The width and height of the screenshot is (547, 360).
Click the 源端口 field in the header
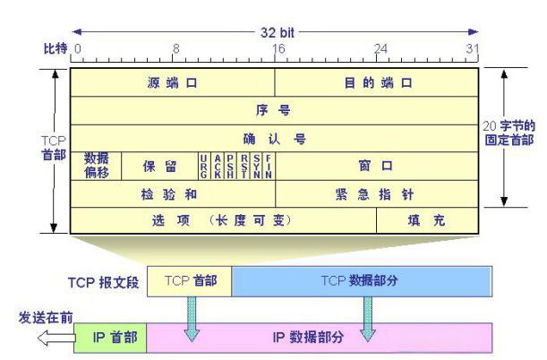tap(172, 82)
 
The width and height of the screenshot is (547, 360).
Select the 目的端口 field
tap(376, 82)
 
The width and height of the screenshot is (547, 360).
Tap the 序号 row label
tap(273, 110)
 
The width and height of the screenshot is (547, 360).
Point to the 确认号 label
tap(275, 139)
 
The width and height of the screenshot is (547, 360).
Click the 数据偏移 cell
tap(96, 166)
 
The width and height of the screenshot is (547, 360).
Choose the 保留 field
tap(159, 166)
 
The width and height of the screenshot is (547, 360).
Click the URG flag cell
tap(204, 166)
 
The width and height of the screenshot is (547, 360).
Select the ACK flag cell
tap(218, 166)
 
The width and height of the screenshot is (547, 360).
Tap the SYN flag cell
tap(256, 166)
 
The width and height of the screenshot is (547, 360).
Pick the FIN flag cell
tap(269, 166)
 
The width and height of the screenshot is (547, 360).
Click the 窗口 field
tap(377, 166)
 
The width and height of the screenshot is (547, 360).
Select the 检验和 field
tap(173, 194)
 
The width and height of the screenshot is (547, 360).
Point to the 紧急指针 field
tap(377, 194)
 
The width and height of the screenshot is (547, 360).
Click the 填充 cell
tap(427, 220)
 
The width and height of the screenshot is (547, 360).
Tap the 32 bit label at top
tap(278, 33)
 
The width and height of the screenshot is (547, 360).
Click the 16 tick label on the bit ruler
tap(278, 48)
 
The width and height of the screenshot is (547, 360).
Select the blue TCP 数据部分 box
tap(362, 281)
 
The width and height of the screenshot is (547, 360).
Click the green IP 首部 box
tap(110, 338)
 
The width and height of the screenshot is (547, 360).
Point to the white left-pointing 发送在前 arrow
tap(56, 338)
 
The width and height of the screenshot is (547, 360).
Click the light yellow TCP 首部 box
tap(190, 281)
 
